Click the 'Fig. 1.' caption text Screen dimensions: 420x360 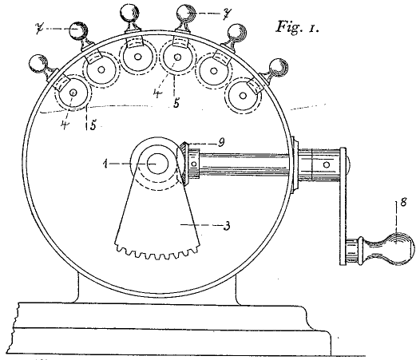click(298, 27)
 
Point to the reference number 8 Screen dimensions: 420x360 click(403, 202)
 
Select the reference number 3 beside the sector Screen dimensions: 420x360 click(227, 226)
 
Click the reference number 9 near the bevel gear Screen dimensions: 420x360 click(221, 143)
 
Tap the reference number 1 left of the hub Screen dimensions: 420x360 click(106, 164)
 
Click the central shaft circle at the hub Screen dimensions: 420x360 click(157, 164)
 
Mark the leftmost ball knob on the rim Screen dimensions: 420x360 click(38, 64)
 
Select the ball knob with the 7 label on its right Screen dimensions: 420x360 click(186, 14)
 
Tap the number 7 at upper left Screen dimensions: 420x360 click(39, 29)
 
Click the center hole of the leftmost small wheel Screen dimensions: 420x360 click(73, 93)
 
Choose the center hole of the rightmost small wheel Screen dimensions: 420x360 click(243, 95)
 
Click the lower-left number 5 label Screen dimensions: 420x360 click(93, 125)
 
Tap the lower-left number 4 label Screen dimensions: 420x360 click(65, 125)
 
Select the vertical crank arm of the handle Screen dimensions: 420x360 click(343, 206)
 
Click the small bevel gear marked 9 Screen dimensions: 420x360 click(183, 163)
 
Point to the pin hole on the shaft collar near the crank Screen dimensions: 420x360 click(327, 164)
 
